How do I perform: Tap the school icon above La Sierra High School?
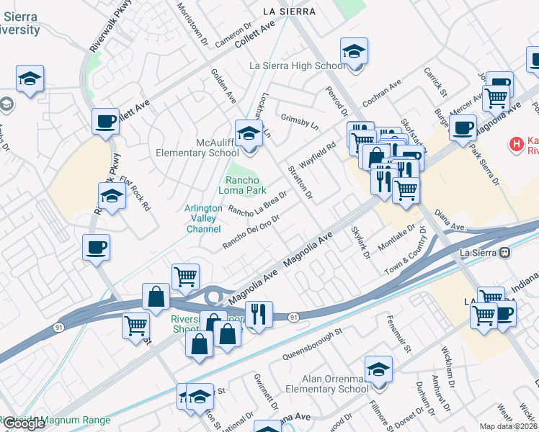pyautogui.click(x=354, y=53)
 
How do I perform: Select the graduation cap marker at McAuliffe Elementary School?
pyautogui.click(x=249, y=135)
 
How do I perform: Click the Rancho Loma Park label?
pyautogui.click(x=246, y=186)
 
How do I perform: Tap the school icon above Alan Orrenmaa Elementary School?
pyautogui.click(x=378, y=371)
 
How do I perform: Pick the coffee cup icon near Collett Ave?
pyautogui.click(x=105, y=122)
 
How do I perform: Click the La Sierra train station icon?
pyautogui.click(x=505, y=253)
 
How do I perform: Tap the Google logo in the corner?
pyautogui.click(x=24, y=423)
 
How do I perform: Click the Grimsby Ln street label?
pyautogui.click(x=300, y=120)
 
